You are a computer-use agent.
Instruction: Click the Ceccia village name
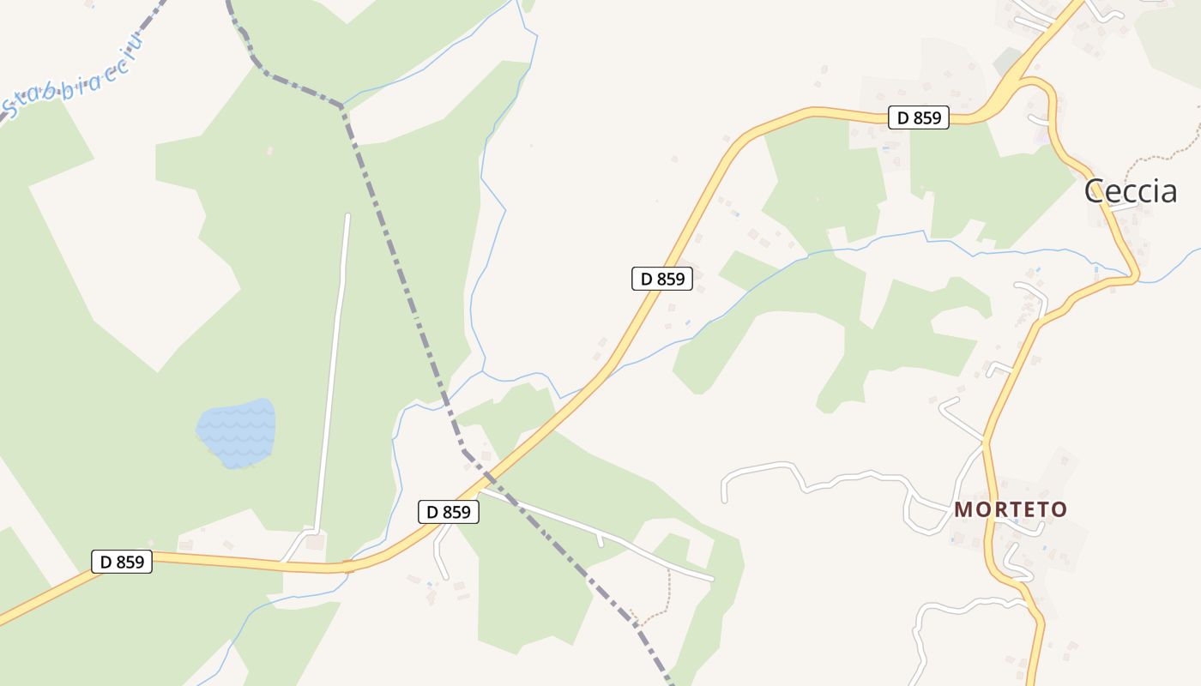(1130, 190)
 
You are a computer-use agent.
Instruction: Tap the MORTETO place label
(1011, 509)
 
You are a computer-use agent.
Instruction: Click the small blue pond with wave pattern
(237, 432)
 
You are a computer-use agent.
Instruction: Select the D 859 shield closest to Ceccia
(918, 117)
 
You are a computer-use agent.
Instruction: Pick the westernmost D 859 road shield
(122, 562)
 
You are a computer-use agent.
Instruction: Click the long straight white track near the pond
(333, 369)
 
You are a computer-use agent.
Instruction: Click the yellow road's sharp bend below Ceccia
(1134, 277)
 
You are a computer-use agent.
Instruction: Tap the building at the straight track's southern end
(315, 542)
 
